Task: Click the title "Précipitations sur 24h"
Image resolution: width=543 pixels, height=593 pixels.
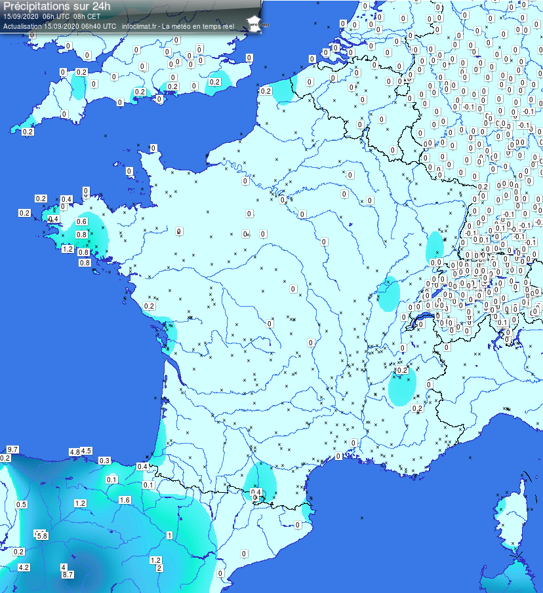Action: click(56, 6)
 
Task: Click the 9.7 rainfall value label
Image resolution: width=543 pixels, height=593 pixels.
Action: click(12, 449)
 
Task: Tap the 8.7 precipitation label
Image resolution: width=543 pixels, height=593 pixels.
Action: click(67, 575)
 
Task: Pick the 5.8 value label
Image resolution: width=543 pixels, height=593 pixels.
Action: click(41, 536)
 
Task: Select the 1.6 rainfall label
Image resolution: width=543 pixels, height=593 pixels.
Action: click(125, 500)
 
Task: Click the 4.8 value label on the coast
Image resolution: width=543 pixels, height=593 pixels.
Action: click(74, 452)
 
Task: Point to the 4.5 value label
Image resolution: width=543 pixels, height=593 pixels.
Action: click(86, 450)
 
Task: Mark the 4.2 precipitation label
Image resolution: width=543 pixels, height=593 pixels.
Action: click(24, 567)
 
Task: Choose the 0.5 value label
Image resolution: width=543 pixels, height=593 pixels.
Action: click(21, 505)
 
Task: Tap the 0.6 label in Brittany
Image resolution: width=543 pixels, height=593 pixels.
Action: click(82, 222)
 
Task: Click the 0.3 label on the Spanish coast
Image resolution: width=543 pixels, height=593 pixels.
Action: click(104, 461)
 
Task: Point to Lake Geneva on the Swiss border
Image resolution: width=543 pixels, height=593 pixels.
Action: click(420, 320)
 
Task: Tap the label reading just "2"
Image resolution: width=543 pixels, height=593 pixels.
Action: click(159, 568)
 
